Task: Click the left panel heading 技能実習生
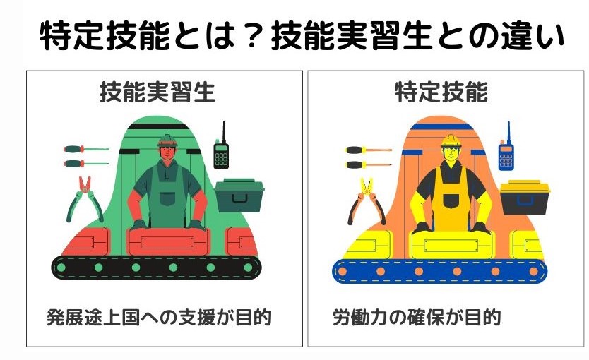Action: pyautogui.click(x=157, y=92)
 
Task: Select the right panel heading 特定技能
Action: pyautogui.click(x=441, y=92)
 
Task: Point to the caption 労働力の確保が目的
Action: pyautogui.click(x=417, y=318)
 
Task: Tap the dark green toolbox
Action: pyautogui.click(x=239, y=196)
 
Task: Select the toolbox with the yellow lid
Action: pyautogui.click(x=525, y=198)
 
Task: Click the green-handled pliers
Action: pyautogui.click(x=85, y=199)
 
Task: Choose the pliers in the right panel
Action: pyautogui.click(x=367, y=201)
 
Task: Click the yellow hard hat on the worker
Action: pyautogui.click(x=451, y=140)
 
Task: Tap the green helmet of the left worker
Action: pyautogui.click(x=167, y=140)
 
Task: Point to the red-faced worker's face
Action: pyautogui.click(x=167, y=152)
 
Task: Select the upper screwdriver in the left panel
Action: pyautogui.click(x=86, y=150)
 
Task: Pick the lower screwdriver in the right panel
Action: pyautogui.click(x=369, y=164)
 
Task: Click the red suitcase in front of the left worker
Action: pyautogui.click(x=167, y=241)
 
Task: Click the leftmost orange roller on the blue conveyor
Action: pyautogui.click(x=343, y=271)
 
